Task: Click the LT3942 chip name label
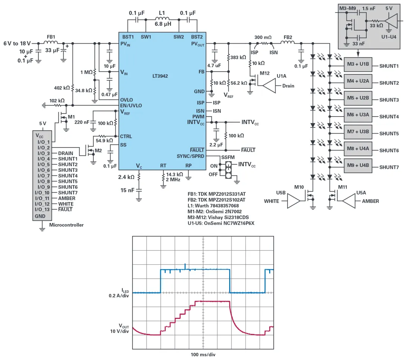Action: point(160,76)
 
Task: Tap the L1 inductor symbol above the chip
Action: point(162,18)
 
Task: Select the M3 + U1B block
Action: point(358,64)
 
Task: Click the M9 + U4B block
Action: point(358,165)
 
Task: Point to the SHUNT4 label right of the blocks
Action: point(389,117)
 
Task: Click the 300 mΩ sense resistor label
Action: point(262,37)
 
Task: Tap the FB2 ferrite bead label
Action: point(288,37)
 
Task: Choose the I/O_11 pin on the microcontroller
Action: point(42,198)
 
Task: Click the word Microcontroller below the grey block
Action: point(66,225)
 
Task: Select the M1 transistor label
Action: point(71,117)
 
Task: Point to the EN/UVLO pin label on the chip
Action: point(131,106)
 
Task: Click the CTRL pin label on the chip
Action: point(126,137)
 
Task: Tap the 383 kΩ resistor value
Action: point(238,58)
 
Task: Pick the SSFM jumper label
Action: point(228,158)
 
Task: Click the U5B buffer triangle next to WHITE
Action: point(293,201)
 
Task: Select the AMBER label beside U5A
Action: point(370,201)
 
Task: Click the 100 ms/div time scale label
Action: point(203,354)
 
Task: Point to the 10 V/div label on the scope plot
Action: point(119,332)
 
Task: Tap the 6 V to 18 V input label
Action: point(17,43)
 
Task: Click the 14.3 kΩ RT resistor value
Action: point(175,174)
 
